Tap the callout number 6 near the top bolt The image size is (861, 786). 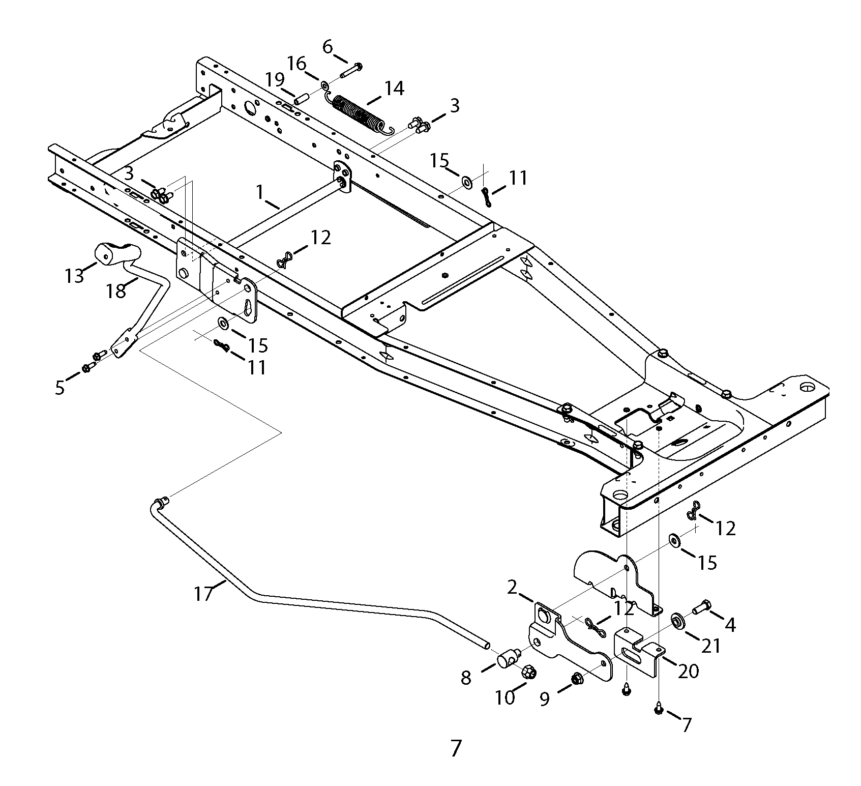[328, 47]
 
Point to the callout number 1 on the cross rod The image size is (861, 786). [260, 192]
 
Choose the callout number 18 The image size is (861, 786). [116, 290]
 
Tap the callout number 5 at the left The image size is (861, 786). [60, 388]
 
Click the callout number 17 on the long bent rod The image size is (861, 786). [203, 593]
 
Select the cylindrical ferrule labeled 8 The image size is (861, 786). [507, 659]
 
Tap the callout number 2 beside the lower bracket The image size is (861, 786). [512, 587]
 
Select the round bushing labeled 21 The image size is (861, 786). [677, 621]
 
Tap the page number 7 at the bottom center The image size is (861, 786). [456, 748]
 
